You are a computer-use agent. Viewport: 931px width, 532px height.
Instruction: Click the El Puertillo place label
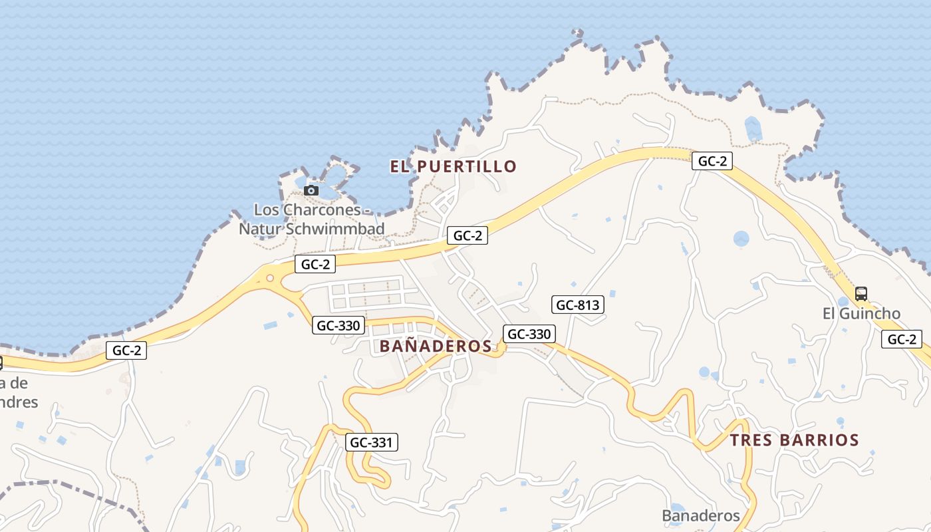point(453,166)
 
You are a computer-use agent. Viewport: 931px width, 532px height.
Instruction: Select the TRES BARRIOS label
point(794,440)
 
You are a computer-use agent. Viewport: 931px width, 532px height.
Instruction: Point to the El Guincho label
point(861,313)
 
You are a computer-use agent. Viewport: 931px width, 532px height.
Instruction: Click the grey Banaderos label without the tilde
point(700,515)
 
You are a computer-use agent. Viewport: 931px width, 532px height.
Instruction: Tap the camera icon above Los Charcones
point(311,191)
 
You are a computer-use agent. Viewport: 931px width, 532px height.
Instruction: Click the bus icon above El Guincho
point(861,293)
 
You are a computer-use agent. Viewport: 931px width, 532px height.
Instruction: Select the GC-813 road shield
point(577,305)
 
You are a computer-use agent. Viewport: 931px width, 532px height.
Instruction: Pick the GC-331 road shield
point(372,442)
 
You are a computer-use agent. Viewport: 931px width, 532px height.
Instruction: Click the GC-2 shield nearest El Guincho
point(902,339)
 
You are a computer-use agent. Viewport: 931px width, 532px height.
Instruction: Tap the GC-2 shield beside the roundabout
point(315,264)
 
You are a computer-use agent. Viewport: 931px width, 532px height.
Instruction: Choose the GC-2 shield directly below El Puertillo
point(467,235)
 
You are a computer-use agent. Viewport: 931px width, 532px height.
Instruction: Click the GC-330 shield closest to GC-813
point(529,334)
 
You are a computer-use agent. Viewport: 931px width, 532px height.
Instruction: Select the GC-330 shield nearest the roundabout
point(338,325)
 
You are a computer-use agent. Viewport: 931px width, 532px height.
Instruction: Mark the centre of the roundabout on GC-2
point(270,278)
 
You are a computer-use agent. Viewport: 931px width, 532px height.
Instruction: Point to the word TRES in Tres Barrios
point(751,440)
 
